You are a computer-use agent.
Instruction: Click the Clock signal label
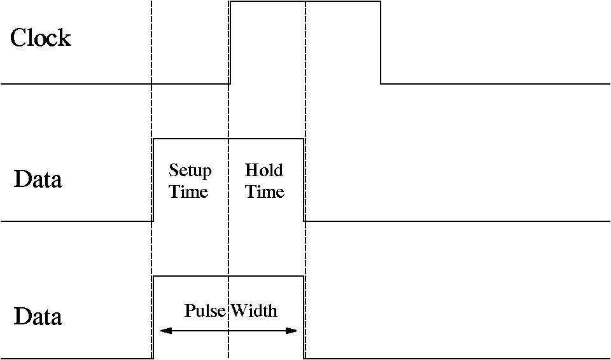(x=40, y=38)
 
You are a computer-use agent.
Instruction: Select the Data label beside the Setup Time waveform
(x=38, y=179)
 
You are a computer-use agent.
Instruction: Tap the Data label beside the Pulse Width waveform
(x=38, y=317)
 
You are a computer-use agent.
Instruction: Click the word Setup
(x=190, y=171)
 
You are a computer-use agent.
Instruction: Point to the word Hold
(x=264, y=170)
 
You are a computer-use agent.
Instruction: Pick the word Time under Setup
(x=189, y=191)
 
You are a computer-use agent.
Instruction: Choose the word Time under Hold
(x=265, y=191)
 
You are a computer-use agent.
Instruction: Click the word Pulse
(x=206, y=310)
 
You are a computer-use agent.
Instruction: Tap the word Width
(x=254, y=310)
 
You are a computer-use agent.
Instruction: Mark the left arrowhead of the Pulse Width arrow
(x=165, y=331)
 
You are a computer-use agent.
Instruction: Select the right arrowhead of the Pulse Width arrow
(x=292, y=331)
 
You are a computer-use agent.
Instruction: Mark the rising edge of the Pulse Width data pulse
(x=153, y=317)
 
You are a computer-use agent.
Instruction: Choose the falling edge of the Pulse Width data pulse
(x=304, y=317)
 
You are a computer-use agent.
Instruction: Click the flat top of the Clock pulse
(x=305, y=2)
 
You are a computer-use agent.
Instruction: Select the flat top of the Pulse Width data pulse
(x=229, y=276)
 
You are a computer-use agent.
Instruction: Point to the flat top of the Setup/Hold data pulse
(x=229, y=139)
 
